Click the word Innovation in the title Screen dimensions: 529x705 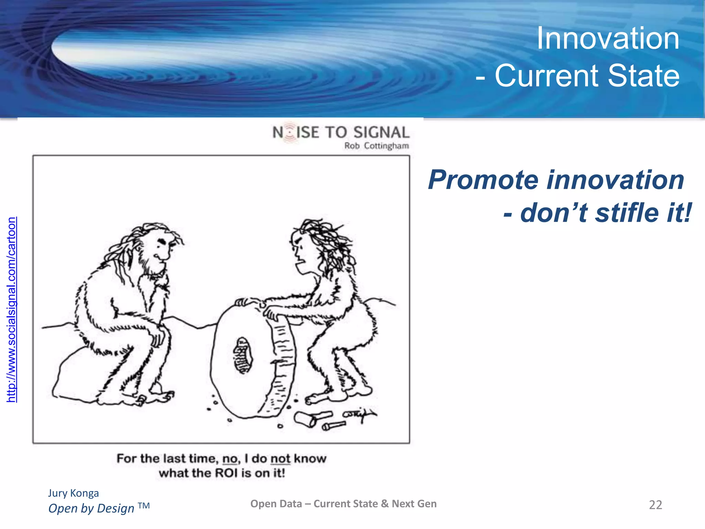[608, 39]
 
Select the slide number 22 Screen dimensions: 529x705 [655, 505]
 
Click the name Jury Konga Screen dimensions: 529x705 [73, 493]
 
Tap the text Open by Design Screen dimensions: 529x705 [92, 508]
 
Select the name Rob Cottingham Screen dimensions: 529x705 [376, 146]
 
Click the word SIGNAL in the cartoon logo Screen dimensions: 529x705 [381, 133]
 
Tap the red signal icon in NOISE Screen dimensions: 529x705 [290, 132]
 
